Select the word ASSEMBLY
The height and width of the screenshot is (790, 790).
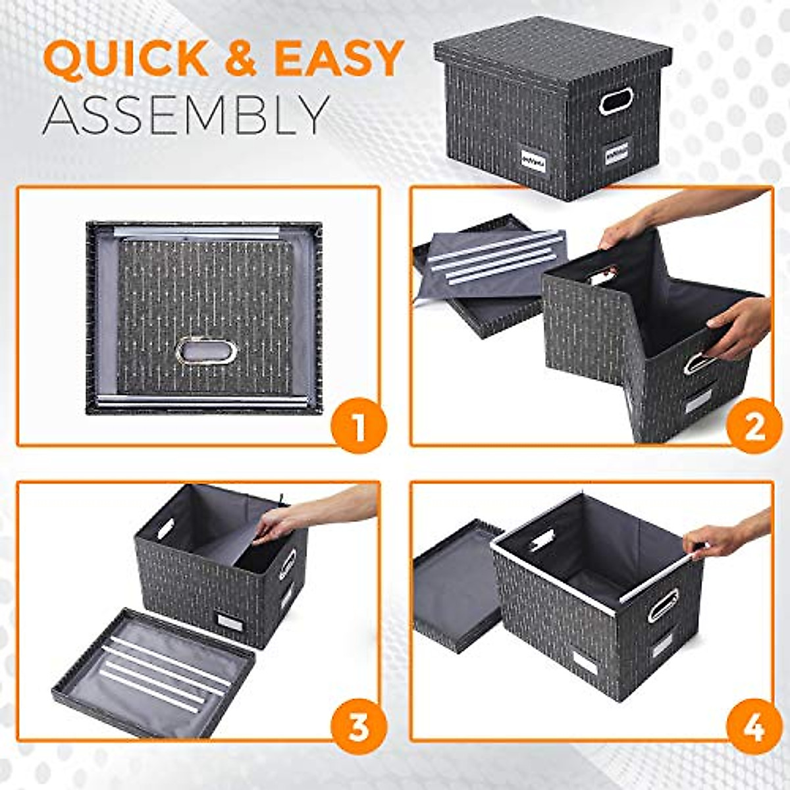tap(186, 115)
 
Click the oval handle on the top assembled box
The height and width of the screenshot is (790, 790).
tap(615, 101)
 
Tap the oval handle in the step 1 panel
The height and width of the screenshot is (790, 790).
tap(206, 351)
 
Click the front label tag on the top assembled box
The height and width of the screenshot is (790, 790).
tap(534, 160)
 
